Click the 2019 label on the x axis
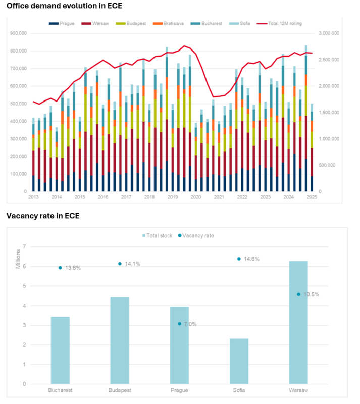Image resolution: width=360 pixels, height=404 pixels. point(172,197)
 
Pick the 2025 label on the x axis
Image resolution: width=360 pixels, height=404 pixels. point(311,197)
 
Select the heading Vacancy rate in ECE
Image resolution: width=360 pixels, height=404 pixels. point(43,216)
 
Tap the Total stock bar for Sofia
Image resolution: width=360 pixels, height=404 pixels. point(239,361)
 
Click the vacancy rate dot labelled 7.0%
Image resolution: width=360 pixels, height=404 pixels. point(179,324)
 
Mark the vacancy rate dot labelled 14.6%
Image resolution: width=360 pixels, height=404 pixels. point(239,259)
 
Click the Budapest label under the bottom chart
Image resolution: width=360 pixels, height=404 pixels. point(120,390)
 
